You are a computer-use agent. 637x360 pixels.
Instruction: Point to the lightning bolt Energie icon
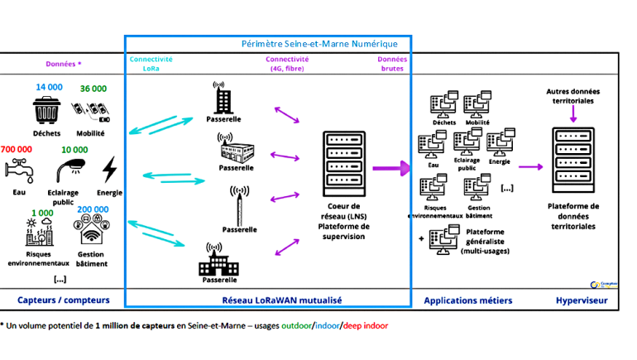[x=109, y=170]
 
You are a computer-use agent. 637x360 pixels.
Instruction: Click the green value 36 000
[x=93, y=89]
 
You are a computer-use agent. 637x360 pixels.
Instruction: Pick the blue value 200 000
[x=93, y=209]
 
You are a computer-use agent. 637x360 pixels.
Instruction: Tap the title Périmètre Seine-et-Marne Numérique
[x=319, y=44]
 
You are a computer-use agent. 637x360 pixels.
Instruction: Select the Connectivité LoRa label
[x=151, y=64]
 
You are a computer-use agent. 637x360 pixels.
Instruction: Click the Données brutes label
[x=391, y=64]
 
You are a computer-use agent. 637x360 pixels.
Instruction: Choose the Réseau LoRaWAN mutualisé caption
[x=271, y=299]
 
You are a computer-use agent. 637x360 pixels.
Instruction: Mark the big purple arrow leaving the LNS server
[x=391, y=169]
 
